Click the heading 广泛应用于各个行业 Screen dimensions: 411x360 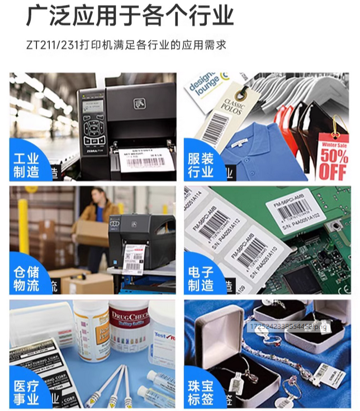[130, 16]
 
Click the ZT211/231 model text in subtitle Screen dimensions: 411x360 [53, 44]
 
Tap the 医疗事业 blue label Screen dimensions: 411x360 [27, 391]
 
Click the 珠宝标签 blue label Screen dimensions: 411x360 [201, 391]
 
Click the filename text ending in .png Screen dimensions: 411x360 [288, 326]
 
